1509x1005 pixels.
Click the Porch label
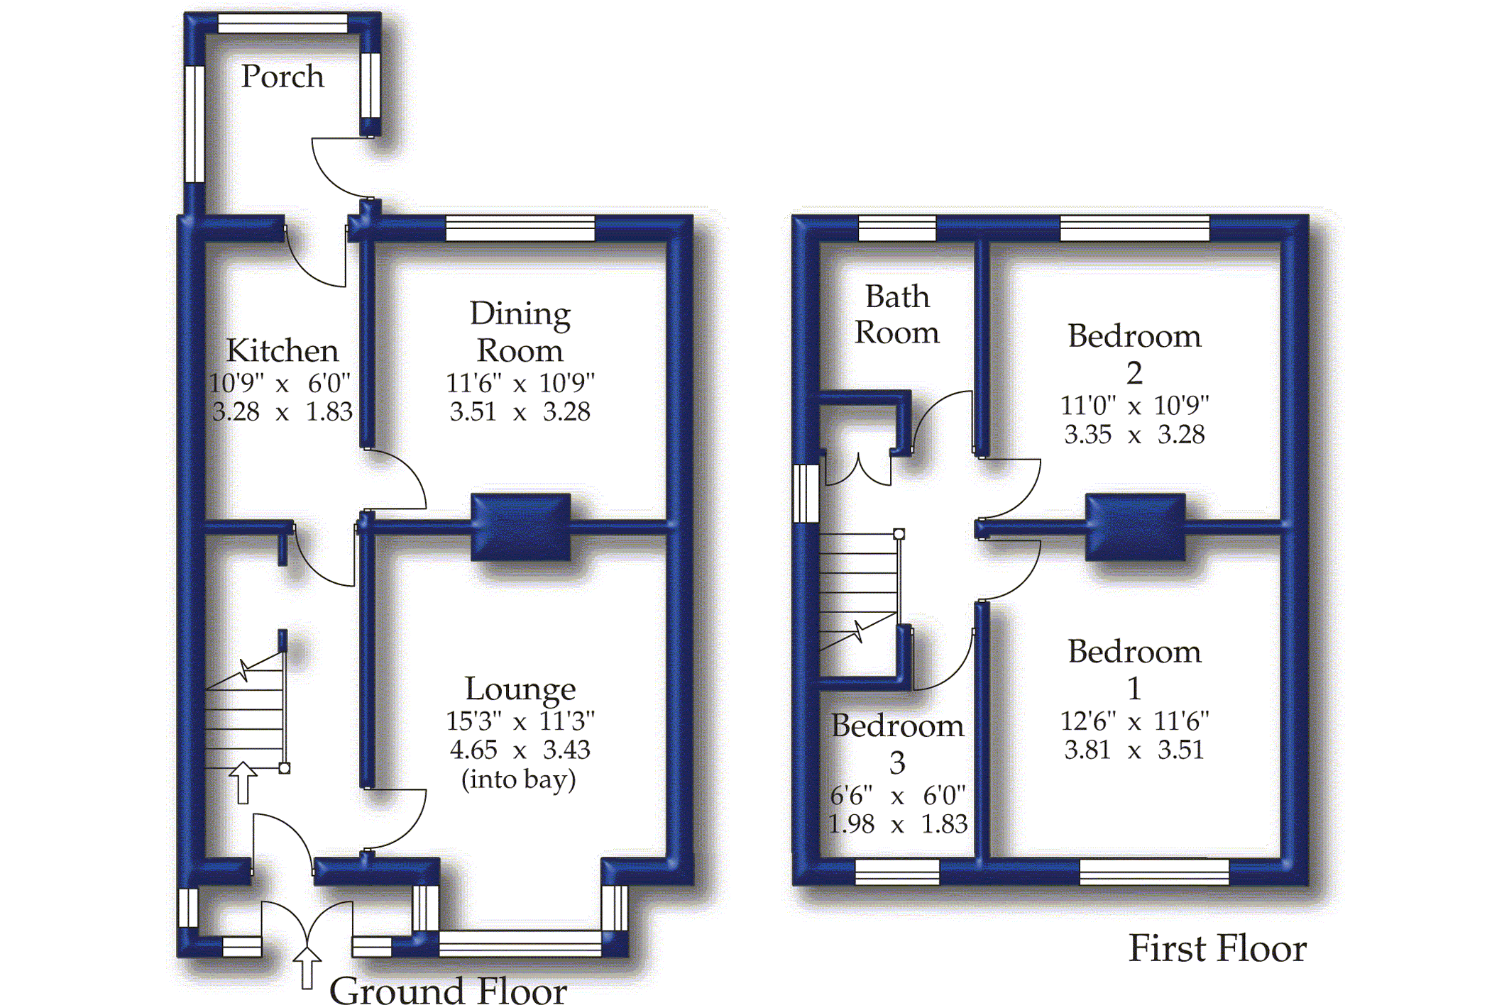282,77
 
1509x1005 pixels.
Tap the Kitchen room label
282,350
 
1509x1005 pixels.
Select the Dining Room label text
520,332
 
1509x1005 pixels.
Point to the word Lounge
520,689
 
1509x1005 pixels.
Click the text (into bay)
519,779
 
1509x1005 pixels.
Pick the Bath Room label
897,314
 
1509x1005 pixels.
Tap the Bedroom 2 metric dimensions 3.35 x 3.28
1134,434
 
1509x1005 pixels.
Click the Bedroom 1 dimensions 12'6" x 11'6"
1134,721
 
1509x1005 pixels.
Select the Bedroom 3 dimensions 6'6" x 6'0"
897,796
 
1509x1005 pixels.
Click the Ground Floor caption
448,989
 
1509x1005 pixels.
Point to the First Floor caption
1217,948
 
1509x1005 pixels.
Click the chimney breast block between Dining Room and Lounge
521,526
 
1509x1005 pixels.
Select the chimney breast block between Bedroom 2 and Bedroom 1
1135,526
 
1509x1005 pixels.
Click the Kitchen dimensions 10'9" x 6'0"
280,384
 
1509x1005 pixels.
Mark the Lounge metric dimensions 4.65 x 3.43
520,750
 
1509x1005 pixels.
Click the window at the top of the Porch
282,23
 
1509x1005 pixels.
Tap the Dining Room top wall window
520,228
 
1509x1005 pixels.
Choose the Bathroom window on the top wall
897,228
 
